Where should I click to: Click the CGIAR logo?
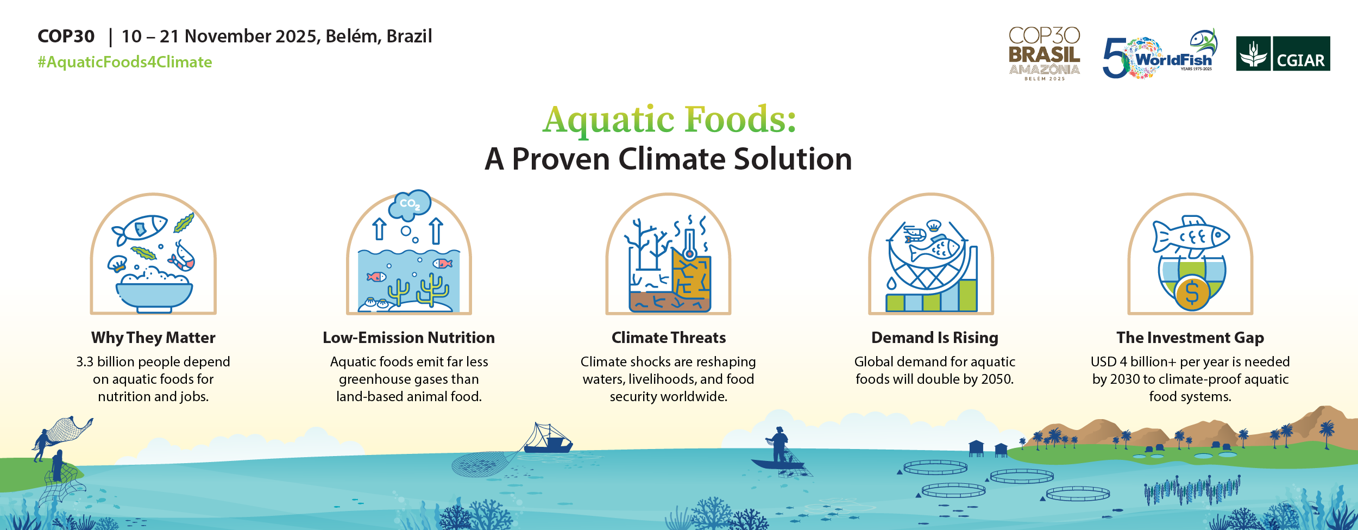[1283, 53]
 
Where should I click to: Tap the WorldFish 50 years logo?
[1160, 54]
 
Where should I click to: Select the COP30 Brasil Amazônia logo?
[1044, 54]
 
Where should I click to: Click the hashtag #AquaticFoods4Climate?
[125, 63]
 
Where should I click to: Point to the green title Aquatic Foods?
[669, 119]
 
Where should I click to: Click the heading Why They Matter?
[153, 338]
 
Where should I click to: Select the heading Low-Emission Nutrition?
[408, 338]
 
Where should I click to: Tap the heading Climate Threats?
[669, 338]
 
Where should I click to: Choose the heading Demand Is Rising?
[935, 338]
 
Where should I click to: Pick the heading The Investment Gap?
[1190, 338]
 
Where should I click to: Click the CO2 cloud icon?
[410, 204]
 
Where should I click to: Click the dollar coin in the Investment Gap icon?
[1192, 293]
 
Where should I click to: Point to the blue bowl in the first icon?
[154, 297]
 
